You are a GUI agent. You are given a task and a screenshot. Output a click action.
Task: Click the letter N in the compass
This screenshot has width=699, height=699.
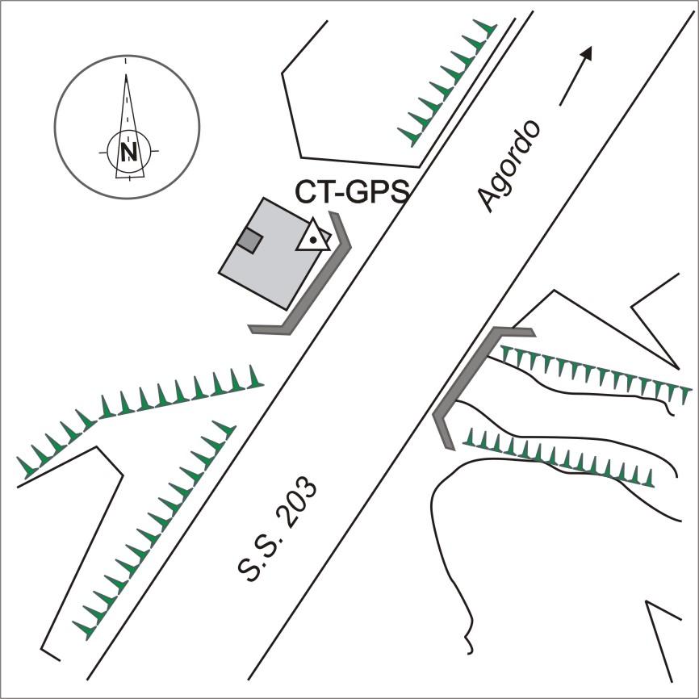129,152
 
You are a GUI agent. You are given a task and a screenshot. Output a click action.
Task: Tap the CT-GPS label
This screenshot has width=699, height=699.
352,191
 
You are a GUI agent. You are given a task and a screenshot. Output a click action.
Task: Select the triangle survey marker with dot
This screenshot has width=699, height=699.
313,235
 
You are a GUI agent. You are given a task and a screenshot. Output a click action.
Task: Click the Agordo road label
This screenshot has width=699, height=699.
509,165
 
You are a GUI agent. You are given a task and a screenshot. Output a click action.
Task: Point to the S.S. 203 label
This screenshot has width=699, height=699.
277,529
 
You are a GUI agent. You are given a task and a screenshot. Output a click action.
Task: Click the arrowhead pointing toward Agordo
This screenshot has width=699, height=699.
587,52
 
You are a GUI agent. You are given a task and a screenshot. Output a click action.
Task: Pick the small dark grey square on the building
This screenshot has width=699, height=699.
249,241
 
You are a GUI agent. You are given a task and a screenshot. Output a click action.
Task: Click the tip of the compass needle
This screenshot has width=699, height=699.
126,75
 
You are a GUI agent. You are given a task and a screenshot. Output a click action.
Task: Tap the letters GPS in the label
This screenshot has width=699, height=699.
378,191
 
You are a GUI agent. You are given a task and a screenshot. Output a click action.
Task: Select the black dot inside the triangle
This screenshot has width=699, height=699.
313,240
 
